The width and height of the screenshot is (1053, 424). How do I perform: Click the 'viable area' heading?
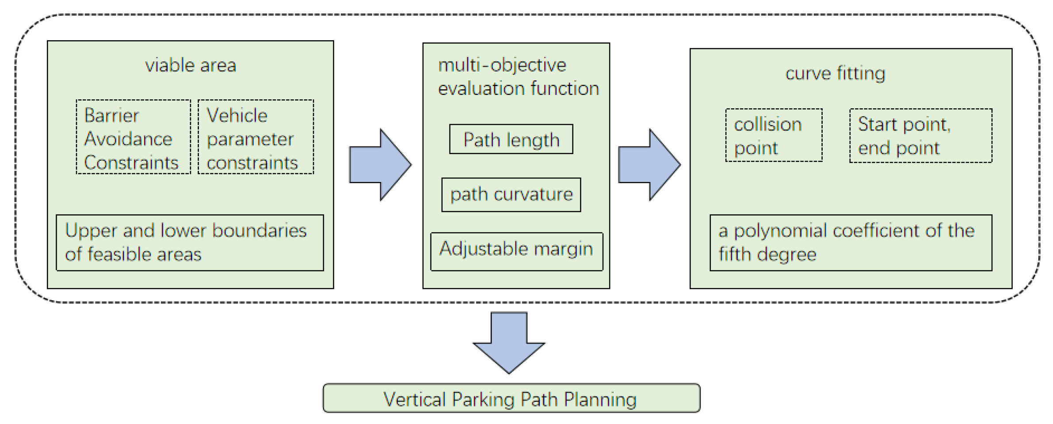point(191,65)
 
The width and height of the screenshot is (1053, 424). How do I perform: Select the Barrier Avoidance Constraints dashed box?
point(133,137)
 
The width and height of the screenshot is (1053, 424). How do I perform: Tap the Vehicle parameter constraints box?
point(256,137)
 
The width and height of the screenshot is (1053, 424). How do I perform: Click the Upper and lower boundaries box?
point(190,242)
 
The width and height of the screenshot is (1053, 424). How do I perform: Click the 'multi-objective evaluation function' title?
point(518,77)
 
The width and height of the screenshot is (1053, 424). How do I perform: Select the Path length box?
point(511,140)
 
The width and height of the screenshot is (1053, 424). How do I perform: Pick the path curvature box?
point(511,195)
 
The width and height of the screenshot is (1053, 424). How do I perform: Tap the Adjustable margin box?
point(516,251)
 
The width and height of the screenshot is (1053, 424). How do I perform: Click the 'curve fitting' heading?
point(835,73)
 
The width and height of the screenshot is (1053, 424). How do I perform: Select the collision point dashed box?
point(774,136)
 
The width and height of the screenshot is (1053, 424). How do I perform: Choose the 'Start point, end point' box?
point(920,136)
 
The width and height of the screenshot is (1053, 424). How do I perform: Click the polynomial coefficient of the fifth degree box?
point(851,242)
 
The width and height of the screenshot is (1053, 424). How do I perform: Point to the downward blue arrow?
point(509,342)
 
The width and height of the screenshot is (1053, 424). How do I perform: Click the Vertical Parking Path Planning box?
point(511,398)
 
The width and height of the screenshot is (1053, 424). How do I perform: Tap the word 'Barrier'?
point(111,116)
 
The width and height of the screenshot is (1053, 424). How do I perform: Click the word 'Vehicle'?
point(237,116)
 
